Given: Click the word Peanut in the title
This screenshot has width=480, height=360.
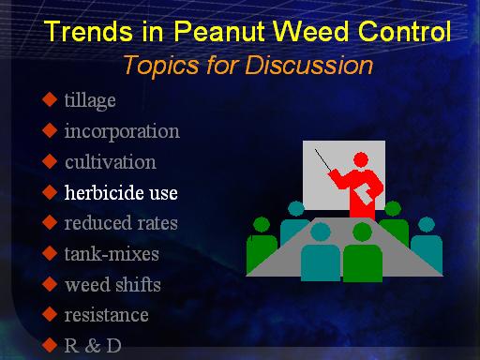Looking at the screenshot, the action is (x=221, y=31).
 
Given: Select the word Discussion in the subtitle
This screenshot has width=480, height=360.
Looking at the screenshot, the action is (x=309, y=66).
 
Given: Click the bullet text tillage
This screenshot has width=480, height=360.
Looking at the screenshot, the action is (x=90, y=100).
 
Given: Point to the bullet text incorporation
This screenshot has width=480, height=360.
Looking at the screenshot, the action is (x=122, y=131).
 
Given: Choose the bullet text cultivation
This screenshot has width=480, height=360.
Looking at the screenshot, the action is (x=111, y=162).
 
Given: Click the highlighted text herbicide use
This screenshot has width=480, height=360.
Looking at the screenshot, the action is (x=121, y=192).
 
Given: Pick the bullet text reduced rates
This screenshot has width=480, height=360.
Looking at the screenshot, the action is (x=121, y=223).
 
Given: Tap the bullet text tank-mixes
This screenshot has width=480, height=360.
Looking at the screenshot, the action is (x=112, y=254).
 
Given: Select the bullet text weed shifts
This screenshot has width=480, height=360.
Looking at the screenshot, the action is (x=112, y=284).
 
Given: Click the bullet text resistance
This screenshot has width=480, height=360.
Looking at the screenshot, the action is (x=106, y=315).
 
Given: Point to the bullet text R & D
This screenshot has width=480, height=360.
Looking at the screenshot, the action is (x=93, y=346).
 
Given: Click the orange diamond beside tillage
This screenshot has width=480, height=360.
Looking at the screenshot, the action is (x=50, y=99).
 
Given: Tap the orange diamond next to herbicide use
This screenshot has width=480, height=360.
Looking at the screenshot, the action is (x=50, y=191).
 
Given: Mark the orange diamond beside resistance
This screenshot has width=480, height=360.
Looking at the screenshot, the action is (x=50, y=314).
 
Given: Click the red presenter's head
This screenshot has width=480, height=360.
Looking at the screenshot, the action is (x=361, y=160).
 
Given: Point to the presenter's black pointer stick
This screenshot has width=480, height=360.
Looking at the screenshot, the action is (x=322, y=160).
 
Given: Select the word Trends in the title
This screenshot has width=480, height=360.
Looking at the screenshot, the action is (x=88, y=31).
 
